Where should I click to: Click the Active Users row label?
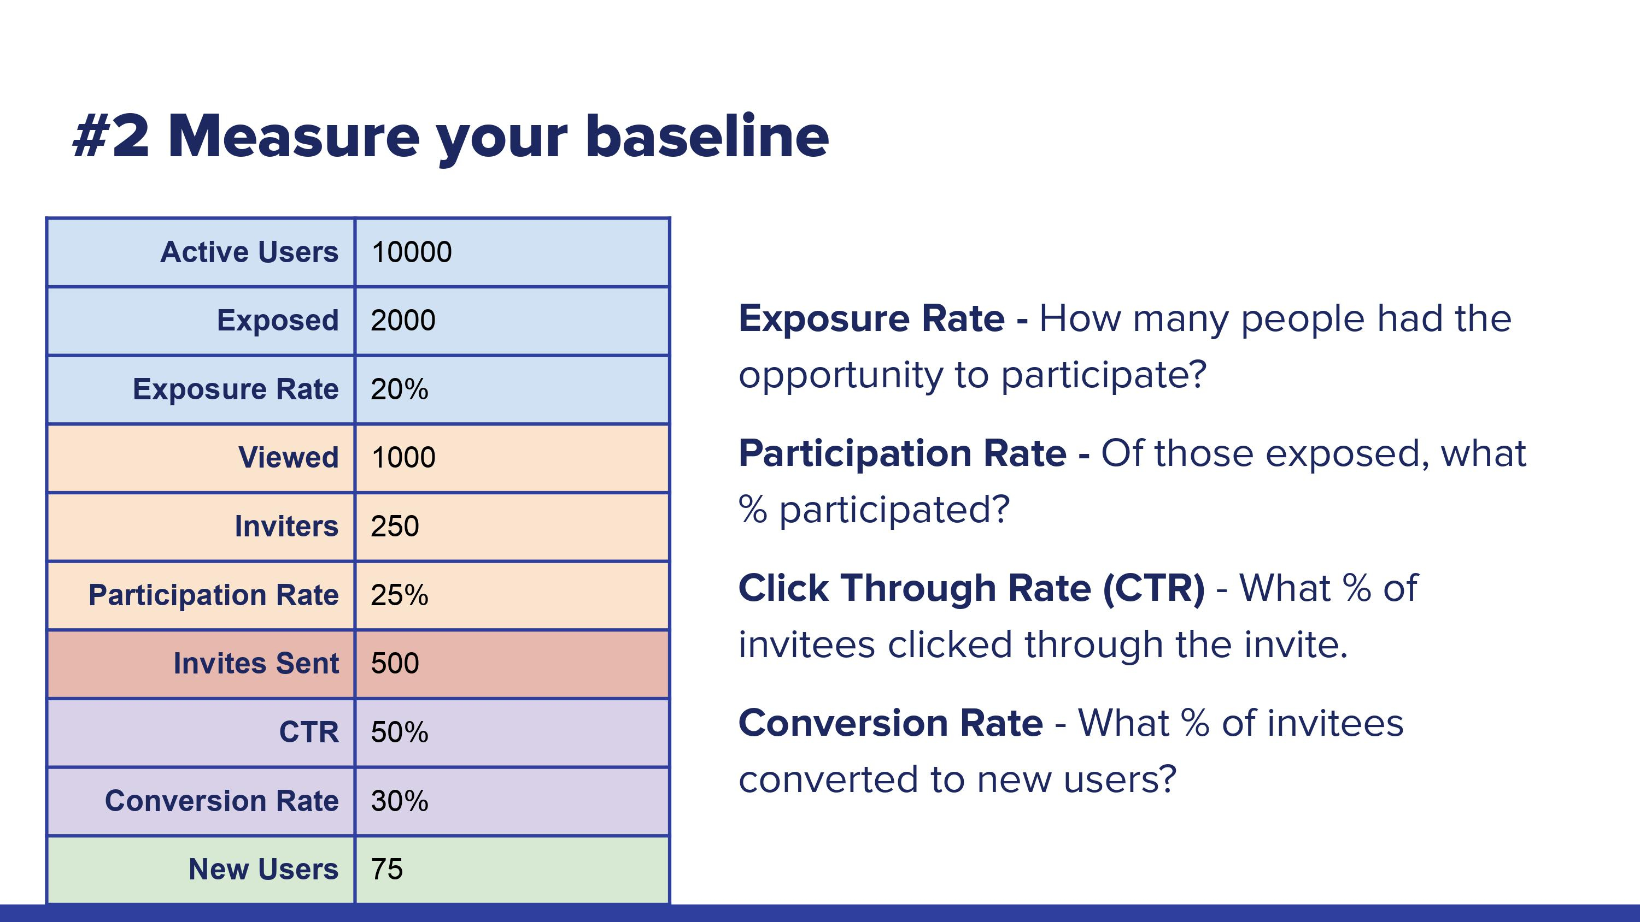(249, 252)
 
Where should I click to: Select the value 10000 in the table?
(411, 252)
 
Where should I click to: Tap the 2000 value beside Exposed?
(403, 320)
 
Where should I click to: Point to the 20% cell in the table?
(399, 389)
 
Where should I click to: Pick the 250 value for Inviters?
(395, 526)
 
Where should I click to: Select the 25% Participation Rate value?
(399, 595)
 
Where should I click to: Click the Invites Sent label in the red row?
(256, 664)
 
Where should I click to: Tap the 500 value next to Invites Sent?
(395, 664)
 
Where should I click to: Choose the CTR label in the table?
(309, 732)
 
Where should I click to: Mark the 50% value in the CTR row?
(399, 732)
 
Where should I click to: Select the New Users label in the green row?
(263, 869)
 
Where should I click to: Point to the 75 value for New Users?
(386, 869)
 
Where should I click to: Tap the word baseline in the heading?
(707, 137)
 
